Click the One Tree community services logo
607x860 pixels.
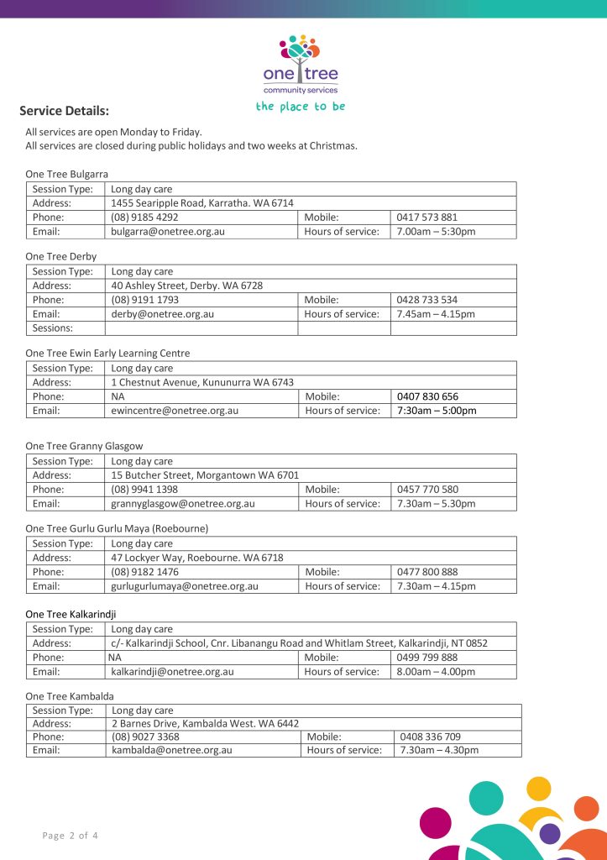coord(301,66)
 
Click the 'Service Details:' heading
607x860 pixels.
coord(65,111)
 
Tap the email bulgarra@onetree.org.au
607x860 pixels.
coord(168,231)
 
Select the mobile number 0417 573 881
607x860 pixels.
coord(427,218)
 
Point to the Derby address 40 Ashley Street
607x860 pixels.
coord(187,286)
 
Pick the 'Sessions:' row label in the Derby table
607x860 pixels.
coord(53,328)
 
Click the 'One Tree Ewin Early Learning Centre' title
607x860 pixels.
coord(107,354)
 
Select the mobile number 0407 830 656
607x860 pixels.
coord(428,396)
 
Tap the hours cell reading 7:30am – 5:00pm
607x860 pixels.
coord(437,411)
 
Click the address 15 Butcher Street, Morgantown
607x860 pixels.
coord(205,475)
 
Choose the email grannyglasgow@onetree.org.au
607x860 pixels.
coord(183,504)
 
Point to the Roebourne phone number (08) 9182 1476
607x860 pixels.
coord(144,572)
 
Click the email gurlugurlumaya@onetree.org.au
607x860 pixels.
coord(185,586)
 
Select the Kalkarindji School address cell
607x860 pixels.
coord(300,643)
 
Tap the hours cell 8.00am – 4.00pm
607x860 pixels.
coord(436,672)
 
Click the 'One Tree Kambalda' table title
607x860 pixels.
coord(70,696)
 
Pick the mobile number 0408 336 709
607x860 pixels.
coord(431,737)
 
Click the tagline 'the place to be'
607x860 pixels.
coord(301,107)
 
